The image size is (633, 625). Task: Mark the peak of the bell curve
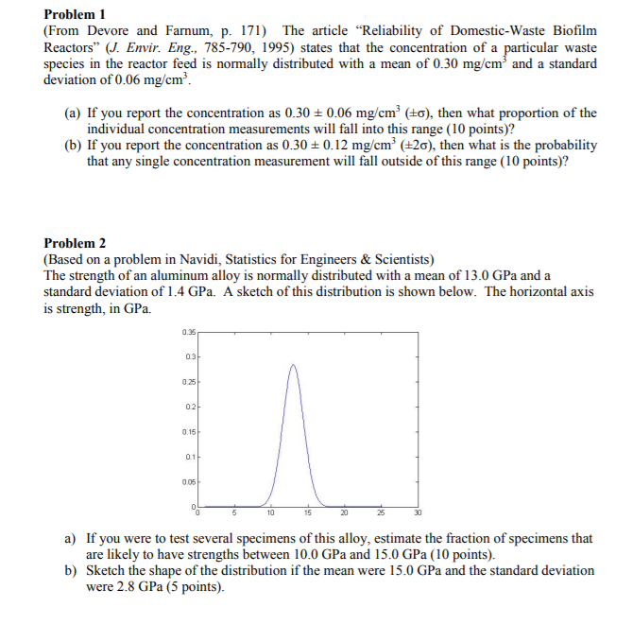293,365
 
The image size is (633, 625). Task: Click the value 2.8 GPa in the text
134,587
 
